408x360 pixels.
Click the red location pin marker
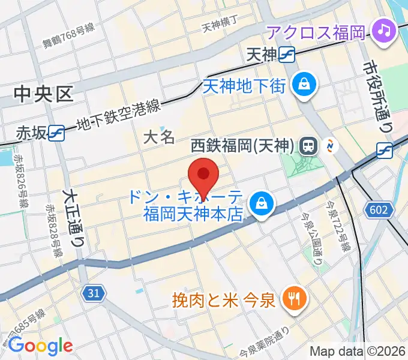[x=203, y=175]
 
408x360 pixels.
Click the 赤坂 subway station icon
[x=58, y=133]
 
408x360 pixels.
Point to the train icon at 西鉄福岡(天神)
[x=309, y=145]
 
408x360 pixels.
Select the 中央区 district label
[x=43, y=94]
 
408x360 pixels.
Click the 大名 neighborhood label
[x=159, y=137]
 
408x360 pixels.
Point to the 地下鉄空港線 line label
[x=119, y=116]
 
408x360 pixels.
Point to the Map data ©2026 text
[x=357, y=352]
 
